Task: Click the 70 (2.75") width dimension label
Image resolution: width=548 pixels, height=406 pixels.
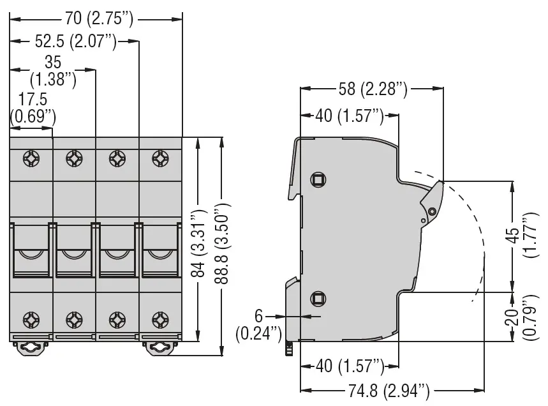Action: (x=99, y=19)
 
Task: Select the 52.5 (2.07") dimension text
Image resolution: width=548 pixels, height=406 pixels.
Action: (x=75, y=41)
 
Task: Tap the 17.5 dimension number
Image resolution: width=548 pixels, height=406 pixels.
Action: (x=33, y=99)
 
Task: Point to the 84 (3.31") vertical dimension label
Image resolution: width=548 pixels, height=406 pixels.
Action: (x=199, y=243)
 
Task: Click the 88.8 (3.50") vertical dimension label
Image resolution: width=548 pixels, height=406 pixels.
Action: (x=222, y=243)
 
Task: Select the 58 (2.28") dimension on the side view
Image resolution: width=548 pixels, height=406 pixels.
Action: (x=373, y=89)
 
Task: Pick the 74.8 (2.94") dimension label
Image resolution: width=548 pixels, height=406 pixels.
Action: (x=389, y=390)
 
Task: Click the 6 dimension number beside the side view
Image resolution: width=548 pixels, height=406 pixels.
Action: (x=258, y=316)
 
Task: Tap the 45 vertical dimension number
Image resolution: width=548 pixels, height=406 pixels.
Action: (x=512, y=236)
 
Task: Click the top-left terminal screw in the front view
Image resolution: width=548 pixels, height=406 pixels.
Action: (x=31, y=159)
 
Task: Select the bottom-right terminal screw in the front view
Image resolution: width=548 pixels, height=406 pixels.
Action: (x=160, y=320)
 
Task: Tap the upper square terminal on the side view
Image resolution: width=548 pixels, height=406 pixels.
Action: (x=318, y=180)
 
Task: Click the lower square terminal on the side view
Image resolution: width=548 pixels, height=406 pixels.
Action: (x=318, y=299)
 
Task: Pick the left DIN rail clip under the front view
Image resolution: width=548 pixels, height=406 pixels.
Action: (x=31, y=349)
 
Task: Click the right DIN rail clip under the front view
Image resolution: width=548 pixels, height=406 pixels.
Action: (x=159, y=349)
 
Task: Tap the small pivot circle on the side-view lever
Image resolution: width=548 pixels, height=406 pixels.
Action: (x=432, y=211)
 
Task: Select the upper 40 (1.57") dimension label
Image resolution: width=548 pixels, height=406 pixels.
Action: (x=350, y=116)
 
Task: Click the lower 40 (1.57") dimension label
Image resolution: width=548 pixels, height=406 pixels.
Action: (x=350, y=366)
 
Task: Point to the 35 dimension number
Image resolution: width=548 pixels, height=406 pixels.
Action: (x=53, y=63)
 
